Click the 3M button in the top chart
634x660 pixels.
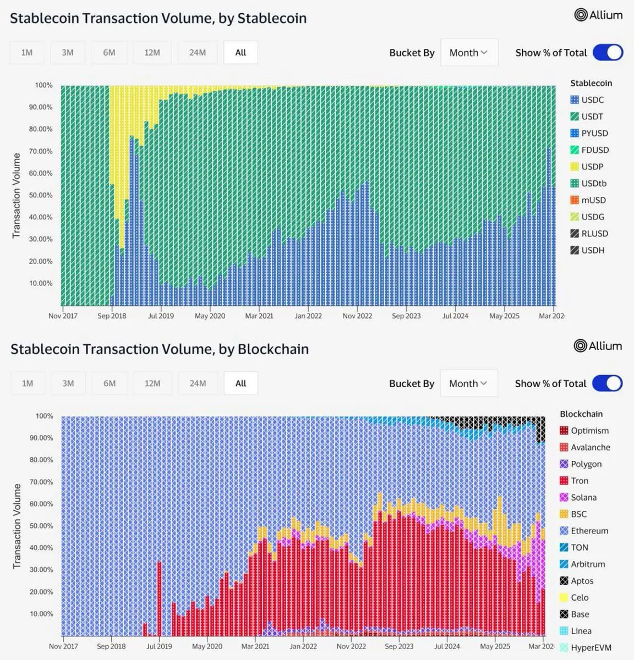coord(68,53)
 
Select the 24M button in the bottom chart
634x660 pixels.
coord(198,383)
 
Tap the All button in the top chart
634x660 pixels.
coord(241,53)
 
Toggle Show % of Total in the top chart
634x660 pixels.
coord(608,53)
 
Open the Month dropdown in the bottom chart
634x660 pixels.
coord(468,383)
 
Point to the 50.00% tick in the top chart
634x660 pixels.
coord(41,195)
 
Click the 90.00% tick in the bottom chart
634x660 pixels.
coord(41,438)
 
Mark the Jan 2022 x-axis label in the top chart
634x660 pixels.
coord(308,316)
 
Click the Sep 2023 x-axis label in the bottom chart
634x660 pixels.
coord(399,646)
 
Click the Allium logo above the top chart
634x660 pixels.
coord(598,15)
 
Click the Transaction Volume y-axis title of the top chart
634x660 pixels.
coord(17,195)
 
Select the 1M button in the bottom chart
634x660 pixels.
coord(28,383)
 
